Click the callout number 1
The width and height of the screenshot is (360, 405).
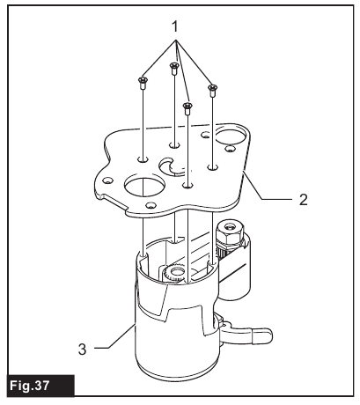pos(175,26)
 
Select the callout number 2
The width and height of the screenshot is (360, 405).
pos(304,200)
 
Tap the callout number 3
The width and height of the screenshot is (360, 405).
pos(83,350)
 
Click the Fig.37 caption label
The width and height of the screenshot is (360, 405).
pos(30,386)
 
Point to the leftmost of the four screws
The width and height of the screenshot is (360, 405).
pos(143,83)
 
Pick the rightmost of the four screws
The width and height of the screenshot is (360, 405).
pos(213,90)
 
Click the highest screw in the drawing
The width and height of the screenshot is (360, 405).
pos(174,69)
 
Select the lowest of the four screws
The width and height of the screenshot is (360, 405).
pos(187,108)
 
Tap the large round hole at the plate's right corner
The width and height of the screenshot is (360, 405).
pos(231,136)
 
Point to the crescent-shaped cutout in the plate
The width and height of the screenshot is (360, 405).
pos(169,167)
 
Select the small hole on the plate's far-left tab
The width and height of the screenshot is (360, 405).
pos(108,180)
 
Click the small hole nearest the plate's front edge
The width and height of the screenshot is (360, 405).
pos(151,204)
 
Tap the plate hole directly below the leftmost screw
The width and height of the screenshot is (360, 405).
pos(143,159)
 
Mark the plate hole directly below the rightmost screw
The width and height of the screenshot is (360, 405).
pos(213,167)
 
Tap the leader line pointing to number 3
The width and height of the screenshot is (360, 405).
pos(114,336)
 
